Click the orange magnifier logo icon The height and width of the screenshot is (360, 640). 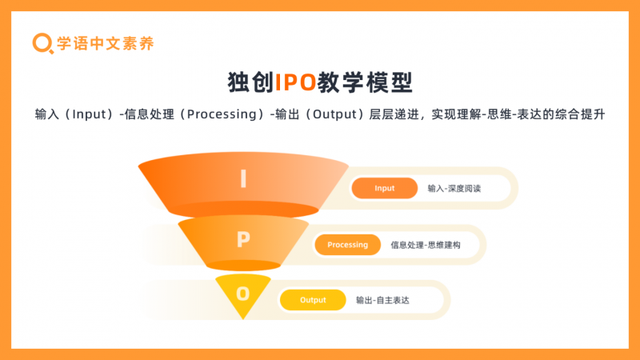[x=42, y=43]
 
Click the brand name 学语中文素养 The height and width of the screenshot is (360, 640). [x=106, y=43]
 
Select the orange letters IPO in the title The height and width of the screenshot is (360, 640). [x=295, y=82]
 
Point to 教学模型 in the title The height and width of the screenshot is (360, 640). [x=365, y=82]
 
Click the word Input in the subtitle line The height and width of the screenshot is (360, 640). [x=89, y=114]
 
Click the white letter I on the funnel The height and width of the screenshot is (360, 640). [x=243, y=178]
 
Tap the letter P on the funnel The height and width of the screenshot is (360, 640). [x=243, y=239]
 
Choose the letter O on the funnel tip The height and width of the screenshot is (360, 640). [x=243, y=294]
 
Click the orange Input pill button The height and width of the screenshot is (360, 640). [x=385, y=188]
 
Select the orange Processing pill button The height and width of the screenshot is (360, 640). [x=348, y=245]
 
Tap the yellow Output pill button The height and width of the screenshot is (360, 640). [x=313, y=300]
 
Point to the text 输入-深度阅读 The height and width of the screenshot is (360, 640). [x=454, y=189]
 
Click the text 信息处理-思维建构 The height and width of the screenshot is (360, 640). [x=426, y=245]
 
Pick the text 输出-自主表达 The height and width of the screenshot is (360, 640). [x=382, y=301]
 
